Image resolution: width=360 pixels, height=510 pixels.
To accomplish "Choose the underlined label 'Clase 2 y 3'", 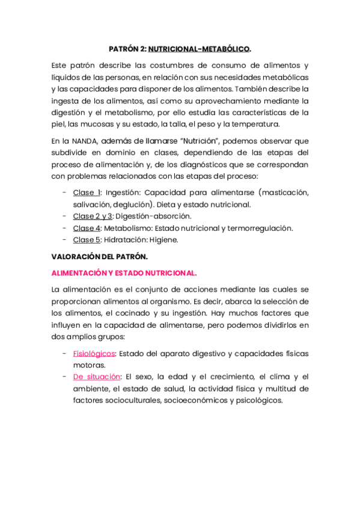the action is [x=93, y=216].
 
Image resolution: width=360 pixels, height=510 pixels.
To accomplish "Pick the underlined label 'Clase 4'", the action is [x=87, y=228].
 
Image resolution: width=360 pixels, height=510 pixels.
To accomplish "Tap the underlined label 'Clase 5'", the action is [x=87, y=239].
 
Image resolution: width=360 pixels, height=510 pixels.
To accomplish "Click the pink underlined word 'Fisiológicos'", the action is [x=94, y=354].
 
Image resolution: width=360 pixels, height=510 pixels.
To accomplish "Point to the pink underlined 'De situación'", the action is [x=96, y=377].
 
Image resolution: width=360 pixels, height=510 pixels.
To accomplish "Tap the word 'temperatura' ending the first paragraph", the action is [x=257, y=124].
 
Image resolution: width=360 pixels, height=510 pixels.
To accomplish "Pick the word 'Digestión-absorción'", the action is [x=153, y=216].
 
